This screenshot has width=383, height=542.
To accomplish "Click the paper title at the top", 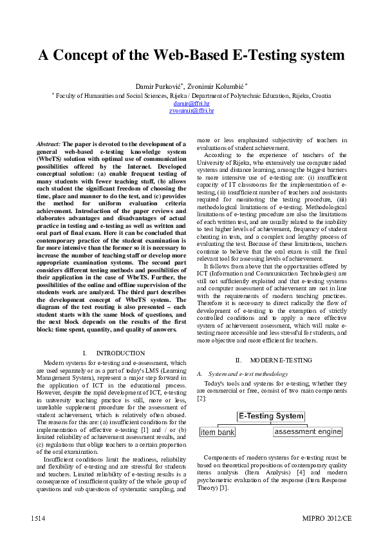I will [x=191, y=55].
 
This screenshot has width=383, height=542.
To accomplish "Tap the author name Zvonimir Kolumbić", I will [x=212, y=86].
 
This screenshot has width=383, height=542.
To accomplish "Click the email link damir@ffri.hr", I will [x=191, y=103].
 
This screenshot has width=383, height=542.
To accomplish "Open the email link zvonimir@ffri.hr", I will [x=191, y=111].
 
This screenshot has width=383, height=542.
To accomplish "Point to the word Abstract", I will [x=48, y=144].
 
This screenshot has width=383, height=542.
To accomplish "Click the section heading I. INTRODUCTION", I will [x=114, y=353].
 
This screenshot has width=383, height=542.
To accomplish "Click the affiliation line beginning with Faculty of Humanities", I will [x=191, y=95].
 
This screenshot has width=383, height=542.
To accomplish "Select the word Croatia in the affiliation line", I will [x=320, y=95].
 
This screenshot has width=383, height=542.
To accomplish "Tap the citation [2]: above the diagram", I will [x=202, y=398].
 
